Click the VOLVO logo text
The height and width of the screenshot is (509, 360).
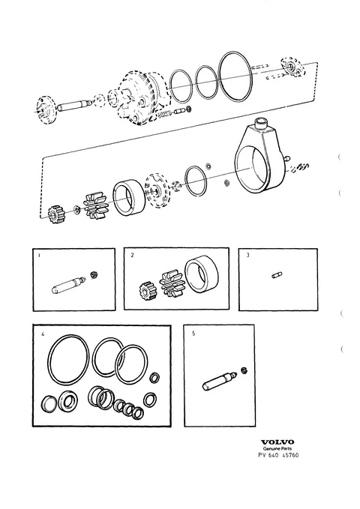click(277, 442)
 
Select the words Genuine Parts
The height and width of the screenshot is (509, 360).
click(277, 448)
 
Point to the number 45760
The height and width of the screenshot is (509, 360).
click(290, 455)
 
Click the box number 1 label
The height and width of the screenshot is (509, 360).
click(39, 255)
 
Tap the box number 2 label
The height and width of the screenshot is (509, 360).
click(132, 255)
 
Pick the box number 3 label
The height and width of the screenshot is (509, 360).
click(247, 255)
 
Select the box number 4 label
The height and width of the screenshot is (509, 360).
click(43, 334)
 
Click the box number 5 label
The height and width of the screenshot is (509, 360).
click(193, 334)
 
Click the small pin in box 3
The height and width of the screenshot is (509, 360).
click(277, 276)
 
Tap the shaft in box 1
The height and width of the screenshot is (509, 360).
click(68, 285)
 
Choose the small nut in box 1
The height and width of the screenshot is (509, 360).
click(94, 274)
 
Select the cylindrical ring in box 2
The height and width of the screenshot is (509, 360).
click(202, 274)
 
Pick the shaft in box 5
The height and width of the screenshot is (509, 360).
click(220, 381)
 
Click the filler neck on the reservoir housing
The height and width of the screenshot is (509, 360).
click(262, 124)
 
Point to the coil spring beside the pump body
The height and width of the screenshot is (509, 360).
click(164, 114)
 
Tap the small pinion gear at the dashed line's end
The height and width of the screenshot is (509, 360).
click(54, 214)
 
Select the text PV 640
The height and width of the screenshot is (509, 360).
click(268, 455)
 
